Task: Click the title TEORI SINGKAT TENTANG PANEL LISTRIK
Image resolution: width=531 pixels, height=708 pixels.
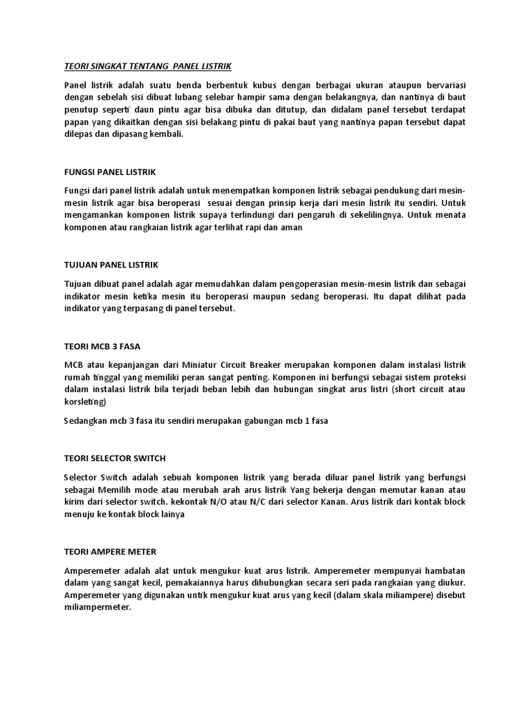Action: tap(147, 66)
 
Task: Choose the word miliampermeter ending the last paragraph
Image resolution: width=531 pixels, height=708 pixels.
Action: tap(97, 608)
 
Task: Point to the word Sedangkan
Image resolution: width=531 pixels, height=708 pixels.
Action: tap(86, 421)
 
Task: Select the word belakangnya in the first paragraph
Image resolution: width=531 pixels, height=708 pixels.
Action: tap(350, 97)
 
